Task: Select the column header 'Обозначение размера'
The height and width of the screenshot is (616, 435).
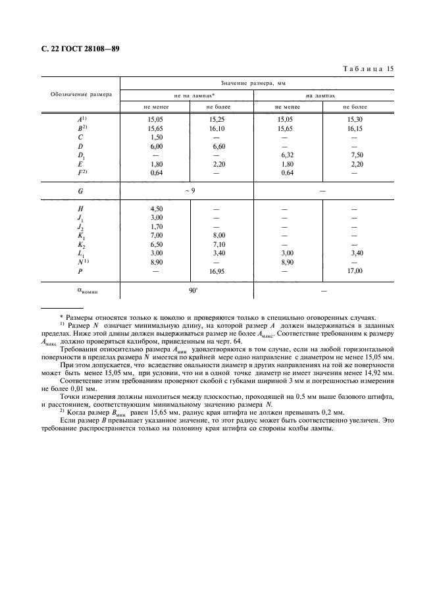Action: pyautogui.click(x=81, y=94)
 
